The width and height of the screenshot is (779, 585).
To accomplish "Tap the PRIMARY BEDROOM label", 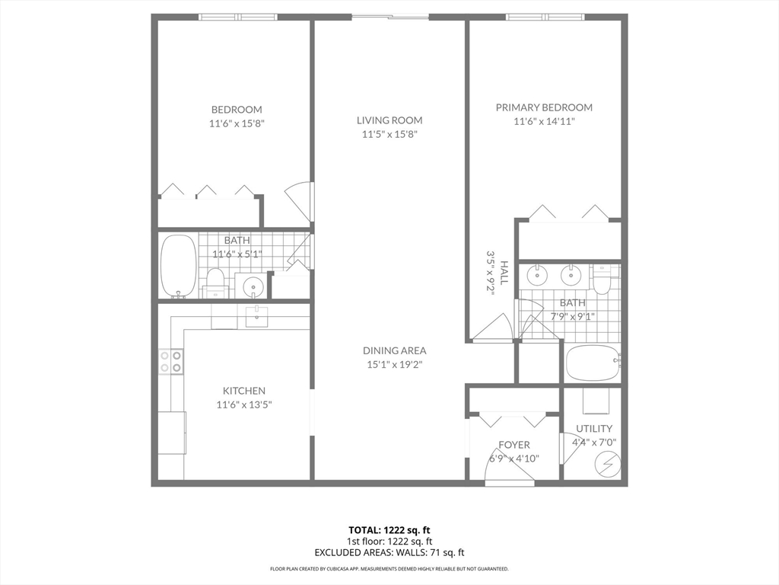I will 544,107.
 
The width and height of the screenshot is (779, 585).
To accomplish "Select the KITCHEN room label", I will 243,391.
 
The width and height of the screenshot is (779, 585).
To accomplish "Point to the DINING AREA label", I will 394,350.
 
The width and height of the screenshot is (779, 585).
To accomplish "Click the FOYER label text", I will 514,445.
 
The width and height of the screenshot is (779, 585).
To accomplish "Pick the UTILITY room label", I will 594,429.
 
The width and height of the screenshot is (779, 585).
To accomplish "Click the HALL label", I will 504,273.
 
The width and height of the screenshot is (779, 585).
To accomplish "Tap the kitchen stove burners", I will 171,361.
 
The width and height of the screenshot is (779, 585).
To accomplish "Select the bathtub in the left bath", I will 179,266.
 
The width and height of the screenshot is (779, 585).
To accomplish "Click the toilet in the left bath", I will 215,282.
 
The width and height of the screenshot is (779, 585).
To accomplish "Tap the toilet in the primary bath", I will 603,280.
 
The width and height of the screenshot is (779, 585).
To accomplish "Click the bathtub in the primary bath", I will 593,363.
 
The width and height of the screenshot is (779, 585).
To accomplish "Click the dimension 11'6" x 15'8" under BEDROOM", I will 237,123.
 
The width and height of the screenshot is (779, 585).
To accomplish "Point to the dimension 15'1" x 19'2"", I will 394,364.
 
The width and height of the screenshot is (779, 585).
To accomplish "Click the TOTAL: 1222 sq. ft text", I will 389,529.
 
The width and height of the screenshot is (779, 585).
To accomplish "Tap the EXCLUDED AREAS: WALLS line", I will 389,552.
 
